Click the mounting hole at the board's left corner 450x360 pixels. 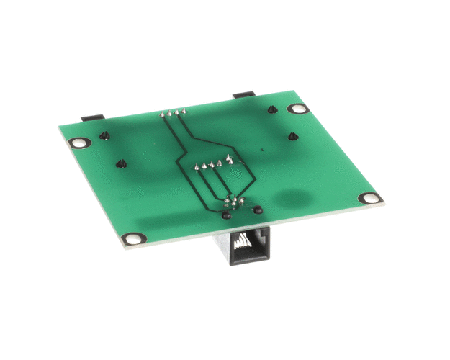point(81,143)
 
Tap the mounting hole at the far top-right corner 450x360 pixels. point(297,109)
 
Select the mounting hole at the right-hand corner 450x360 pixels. point(369,198)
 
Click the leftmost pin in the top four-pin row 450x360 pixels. point(162,114)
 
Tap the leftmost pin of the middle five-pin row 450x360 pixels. point(196,168)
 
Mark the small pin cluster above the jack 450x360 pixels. point(235,202)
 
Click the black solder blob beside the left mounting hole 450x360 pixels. point(105,135)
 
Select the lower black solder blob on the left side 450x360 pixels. point(121,163)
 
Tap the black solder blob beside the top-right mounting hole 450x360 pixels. point(272,110)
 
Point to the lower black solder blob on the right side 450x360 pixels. point(292,136)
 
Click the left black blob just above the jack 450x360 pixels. point(227,215)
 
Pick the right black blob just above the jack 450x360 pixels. point(257,210)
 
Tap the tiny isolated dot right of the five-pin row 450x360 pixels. point(262,150)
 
